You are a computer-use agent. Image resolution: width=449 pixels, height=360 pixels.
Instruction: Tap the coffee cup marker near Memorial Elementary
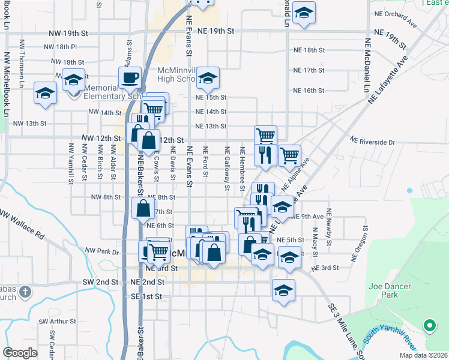pos(130,77)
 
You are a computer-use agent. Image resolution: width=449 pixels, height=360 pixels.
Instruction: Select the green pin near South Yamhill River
pos(430,326)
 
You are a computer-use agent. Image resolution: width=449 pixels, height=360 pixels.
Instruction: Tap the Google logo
pos(20,353)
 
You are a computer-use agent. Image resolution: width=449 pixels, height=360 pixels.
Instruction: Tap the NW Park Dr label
pos(103,251)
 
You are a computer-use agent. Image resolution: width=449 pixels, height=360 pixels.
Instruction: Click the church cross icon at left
pos(25,292)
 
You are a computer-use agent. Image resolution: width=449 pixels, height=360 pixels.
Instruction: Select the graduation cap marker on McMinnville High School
pos(208,77)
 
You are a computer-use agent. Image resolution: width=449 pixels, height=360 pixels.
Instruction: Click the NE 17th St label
pos(309,70)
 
